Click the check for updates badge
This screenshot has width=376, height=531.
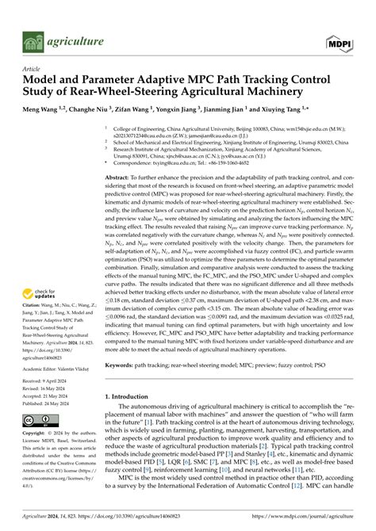(37, 277)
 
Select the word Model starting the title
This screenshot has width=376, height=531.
(40, 82)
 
